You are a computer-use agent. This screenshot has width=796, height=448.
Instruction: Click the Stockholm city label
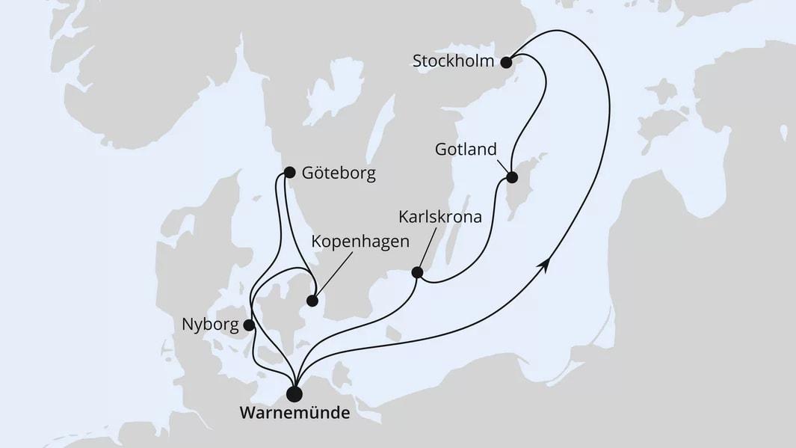pos(453,61)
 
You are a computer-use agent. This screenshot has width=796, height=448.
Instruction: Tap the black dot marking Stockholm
pos(506,61)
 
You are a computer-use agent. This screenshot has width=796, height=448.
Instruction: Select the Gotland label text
pos(466,150)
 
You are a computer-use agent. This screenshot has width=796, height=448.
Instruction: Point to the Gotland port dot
pos(512,178)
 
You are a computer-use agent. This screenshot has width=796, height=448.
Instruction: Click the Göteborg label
pos(339,174)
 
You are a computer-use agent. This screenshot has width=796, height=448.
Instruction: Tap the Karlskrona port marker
pos(418,273)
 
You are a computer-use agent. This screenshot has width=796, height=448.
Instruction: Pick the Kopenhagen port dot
pos(312,302)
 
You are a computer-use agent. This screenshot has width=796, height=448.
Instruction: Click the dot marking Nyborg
pos(248,325)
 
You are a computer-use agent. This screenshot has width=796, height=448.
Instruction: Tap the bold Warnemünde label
pos(294,413)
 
